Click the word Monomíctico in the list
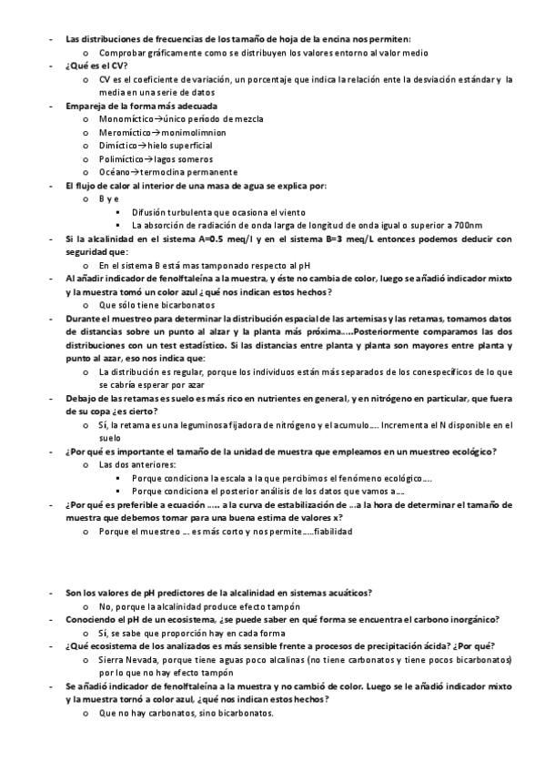(x=126, y=119)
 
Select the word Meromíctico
(x=124, y=132)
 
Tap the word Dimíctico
(x=118, y=146)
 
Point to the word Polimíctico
(x=121, y=158)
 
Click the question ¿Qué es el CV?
(x=97, y=66)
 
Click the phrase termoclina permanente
(x=191, y=172)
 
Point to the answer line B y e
(x=109, y=198)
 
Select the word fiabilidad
(x=331, y=532)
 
